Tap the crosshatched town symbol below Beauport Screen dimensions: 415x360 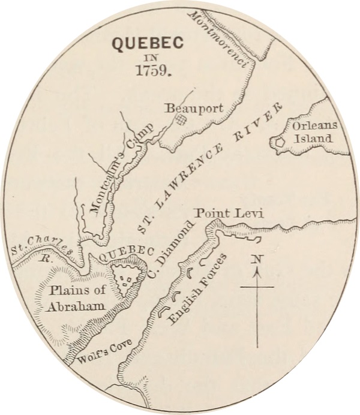tap(178, 120)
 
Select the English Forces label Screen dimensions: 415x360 tap(199, 290)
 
